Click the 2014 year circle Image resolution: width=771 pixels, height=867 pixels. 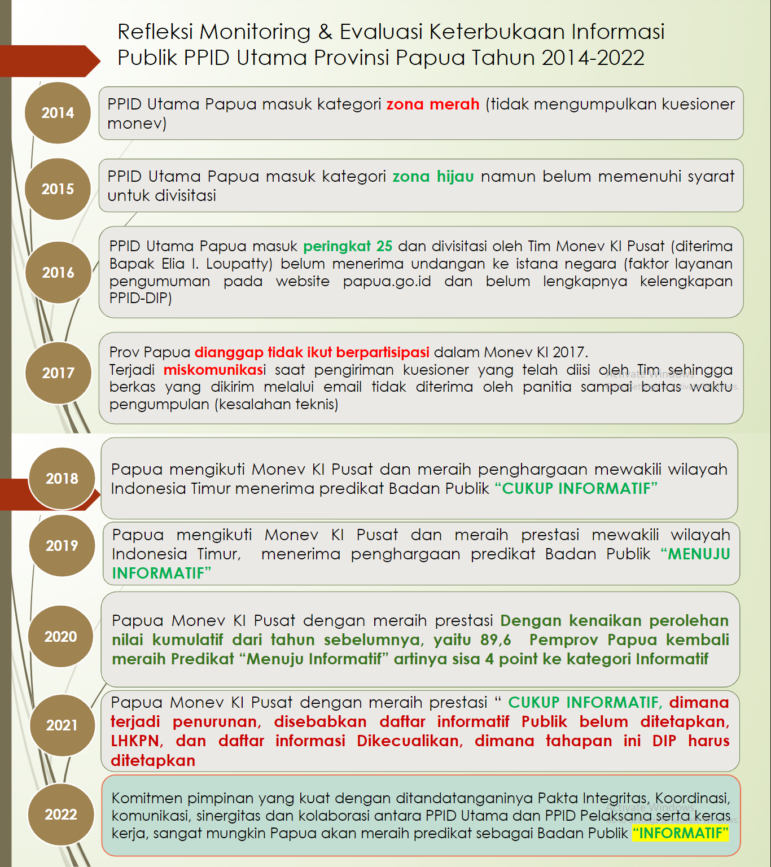(58, 113)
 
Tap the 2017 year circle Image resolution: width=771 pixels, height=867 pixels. (58, 373)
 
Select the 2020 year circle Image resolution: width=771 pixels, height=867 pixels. (61, 637)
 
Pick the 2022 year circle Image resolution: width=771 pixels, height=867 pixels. (61, 815)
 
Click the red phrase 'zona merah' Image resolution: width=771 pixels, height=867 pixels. (432, 104)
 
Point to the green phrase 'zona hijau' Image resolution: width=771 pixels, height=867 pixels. (433, 177)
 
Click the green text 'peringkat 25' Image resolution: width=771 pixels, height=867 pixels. (348, 247)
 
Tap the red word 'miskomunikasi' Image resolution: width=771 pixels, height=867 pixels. (214, 370)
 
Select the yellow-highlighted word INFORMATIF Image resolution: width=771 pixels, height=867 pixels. (680, 833)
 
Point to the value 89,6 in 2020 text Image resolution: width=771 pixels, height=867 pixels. (496, 640)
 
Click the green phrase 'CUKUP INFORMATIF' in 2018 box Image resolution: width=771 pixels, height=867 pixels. (576, 489)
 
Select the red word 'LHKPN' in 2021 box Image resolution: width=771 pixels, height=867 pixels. (136, 741)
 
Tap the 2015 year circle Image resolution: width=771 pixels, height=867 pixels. (58, 189)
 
